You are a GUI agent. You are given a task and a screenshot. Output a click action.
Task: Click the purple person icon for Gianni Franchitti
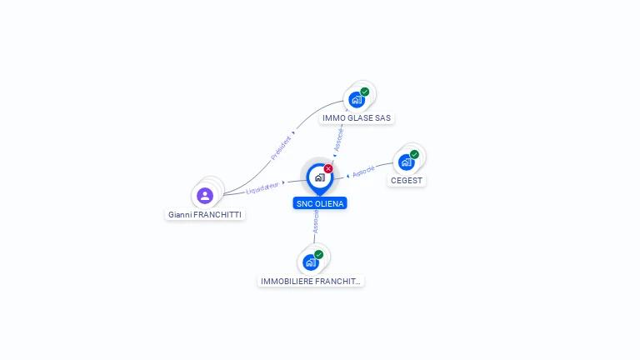point(205,196)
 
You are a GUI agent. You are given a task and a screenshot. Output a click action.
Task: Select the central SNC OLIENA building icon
point(319,177)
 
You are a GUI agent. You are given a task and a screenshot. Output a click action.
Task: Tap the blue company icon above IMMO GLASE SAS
point(357,100)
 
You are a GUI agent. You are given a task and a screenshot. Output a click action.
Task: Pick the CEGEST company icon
point(406,162)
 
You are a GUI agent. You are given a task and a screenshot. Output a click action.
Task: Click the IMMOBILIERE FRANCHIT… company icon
point(311,262)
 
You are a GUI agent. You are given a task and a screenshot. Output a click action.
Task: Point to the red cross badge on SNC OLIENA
point(328,168)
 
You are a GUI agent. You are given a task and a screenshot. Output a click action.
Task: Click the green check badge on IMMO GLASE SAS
point(365,92)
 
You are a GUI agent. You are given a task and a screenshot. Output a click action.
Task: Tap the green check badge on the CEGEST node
point(414,154)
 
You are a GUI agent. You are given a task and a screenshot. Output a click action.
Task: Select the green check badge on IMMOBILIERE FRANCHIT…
point(319,254)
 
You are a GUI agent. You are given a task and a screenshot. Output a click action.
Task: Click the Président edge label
point(282,147)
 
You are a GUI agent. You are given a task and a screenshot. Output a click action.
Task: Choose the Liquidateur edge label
point(262,188)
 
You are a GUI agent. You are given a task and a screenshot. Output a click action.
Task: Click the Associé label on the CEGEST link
point(363,172)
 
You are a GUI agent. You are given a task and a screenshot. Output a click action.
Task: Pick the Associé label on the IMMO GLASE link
point(339,138)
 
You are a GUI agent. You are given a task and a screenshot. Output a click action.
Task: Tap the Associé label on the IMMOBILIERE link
point(316,221)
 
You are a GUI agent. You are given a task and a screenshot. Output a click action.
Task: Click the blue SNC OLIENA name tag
point(320,203)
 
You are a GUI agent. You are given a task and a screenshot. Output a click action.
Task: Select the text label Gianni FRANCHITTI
point(205,214)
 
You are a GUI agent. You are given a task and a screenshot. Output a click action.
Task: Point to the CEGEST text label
point(407,181)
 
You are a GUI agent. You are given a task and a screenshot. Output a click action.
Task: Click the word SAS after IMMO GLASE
point(382,118)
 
